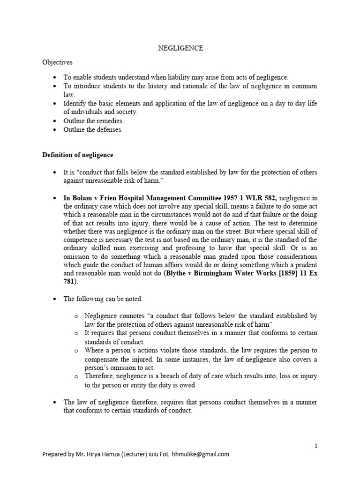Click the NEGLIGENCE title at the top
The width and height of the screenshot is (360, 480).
coord(180,48)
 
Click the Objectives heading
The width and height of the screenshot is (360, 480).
coord(57,62)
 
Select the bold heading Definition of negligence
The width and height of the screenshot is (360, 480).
coord(78,155)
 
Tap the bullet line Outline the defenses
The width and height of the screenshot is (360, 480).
coord(93,130)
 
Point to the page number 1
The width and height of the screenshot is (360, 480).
coord(316,446)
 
